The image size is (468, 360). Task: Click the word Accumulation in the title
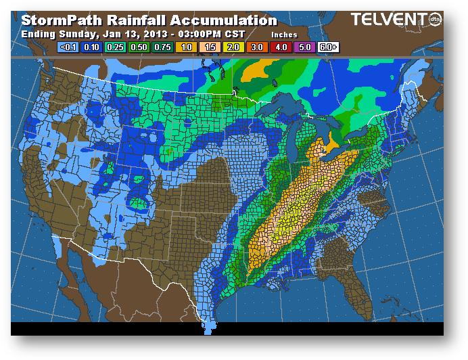click(x=224, y=21)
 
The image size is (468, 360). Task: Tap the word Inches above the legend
click(x=284, y=35)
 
